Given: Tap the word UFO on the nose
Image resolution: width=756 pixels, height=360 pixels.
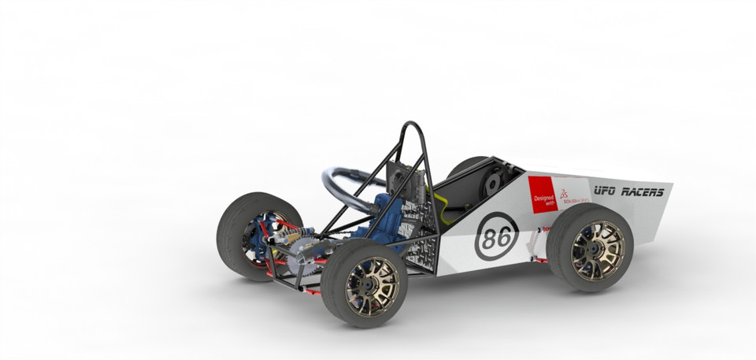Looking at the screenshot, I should pos(605,191).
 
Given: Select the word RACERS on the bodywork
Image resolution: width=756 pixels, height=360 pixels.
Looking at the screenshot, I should pos(643,191).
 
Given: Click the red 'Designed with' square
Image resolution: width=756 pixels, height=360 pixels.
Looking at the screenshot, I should pos(543,195).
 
